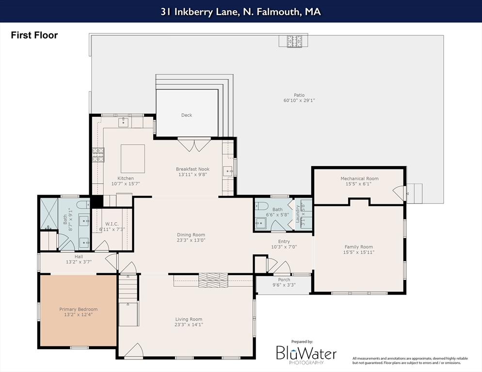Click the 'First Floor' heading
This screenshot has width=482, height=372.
pos(34,35)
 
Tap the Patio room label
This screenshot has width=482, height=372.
pos(299,95)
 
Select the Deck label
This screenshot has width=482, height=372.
pos(187,115)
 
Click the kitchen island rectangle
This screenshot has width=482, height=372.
pos(133,158)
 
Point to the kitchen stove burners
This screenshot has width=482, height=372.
pos(98,155)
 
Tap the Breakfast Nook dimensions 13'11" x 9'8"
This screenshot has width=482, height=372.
pos(193,174)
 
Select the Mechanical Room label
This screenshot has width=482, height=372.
pos(359,178)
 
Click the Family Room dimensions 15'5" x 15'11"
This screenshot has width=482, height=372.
pos(359,252)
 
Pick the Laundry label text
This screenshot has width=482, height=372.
pos(297,214)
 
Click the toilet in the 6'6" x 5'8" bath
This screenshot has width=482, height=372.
pos(261,205)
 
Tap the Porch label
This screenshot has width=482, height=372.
pos(284,279)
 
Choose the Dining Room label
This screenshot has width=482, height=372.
pos(191,235)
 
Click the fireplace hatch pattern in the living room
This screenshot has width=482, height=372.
pos(213,280)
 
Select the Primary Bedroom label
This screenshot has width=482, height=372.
pos(79,310)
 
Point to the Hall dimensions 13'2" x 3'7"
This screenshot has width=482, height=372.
pos(79,262)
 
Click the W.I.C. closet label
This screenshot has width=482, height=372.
pos(112,224)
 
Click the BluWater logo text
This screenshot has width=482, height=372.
pos(306,353)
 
